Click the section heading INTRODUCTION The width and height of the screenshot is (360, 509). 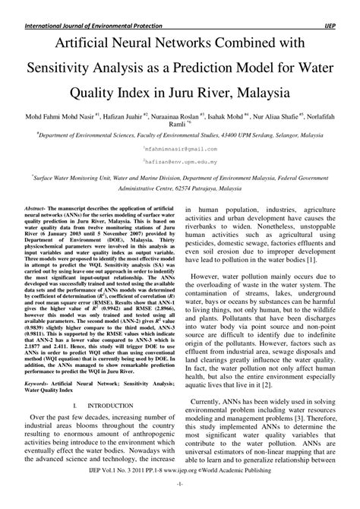pyautogui.click(x=108, y=407)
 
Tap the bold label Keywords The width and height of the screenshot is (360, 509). pyautogui.click(x=38, y=386)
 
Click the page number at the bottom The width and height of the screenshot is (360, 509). pyautogui.click(x=179, y=503)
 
